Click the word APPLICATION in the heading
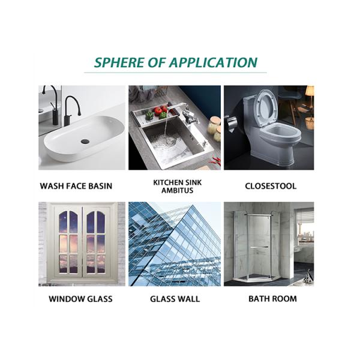click(213, 62)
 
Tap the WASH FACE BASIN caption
click(76, 186)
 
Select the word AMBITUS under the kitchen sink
click(177, 190)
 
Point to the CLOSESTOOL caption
click(271, 186)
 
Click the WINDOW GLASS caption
click(80, 299)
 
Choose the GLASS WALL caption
click(175, 299)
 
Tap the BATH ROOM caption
click(272, 299)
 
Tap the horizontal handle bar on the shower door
click(259, 247)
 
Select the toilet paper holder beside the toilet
click(231, 123)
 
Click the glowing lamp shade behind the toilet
click(310, 90)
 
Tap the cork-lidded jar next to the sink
click(213, 125)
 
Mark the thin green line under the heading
click(175, 73)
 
